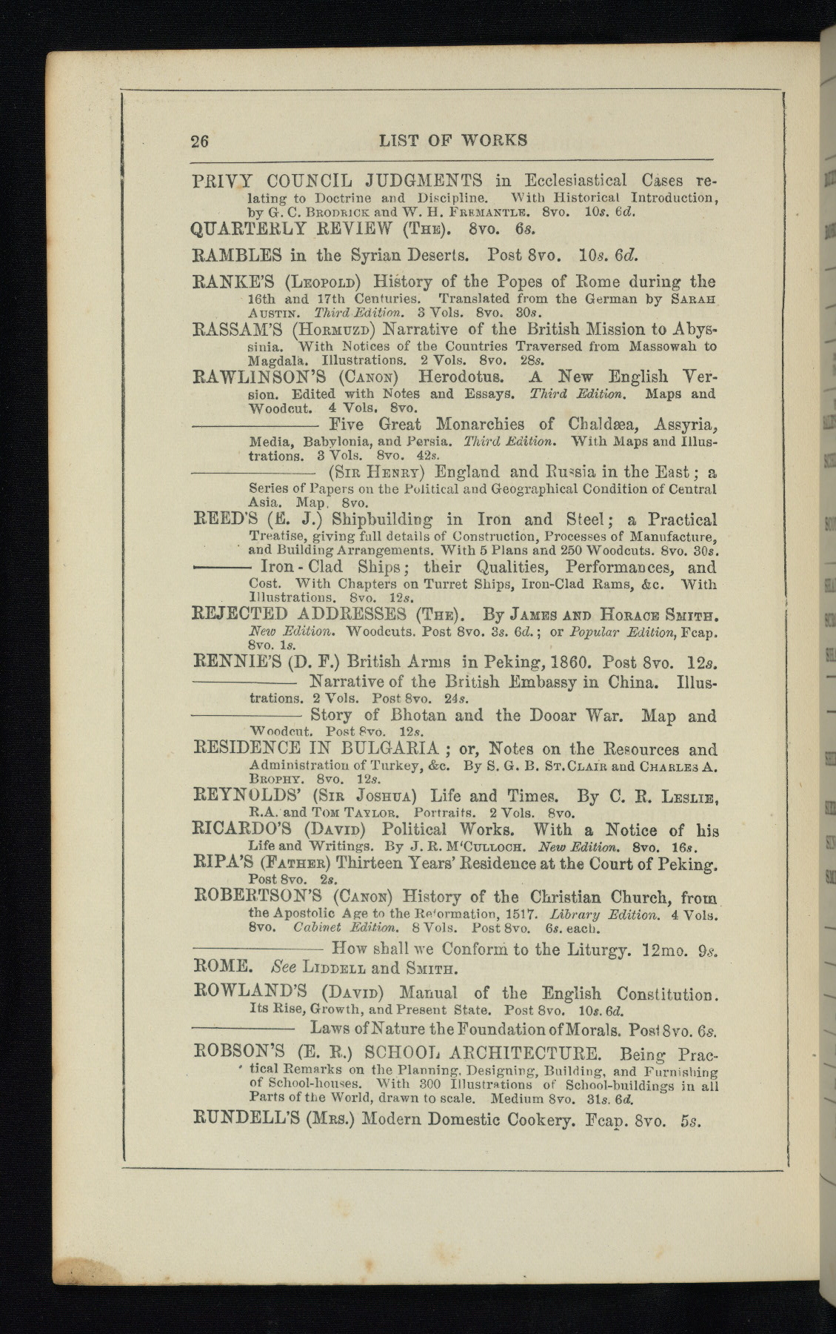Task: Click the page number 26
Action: point(200,141)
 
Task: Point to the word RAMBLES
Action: point(237,256)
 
